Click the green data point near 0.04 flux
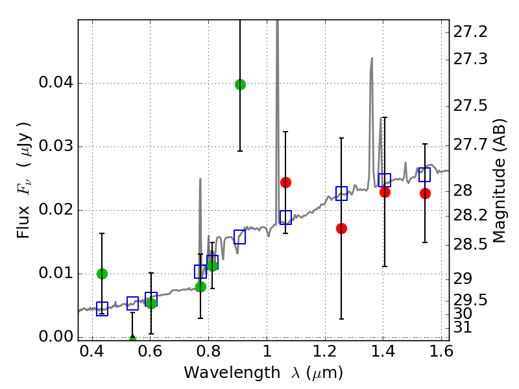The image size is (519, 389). (x=240, y=84)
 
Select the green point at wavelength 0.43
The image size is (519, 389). (x=102, y=274)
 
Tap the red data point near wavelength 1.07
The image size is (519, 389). (x=285, y=182)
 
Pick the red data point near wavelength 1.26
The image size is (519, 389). (x=341, y=228)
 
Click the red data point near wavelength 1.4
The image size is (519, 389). (x=385, y=192)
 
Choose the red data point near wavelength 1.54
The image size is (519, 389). (x=425, y=193)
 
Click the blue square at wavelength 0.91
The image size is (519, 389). (x=240, y=237)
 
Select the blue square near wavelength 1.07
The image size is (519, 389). (x=285, y=217)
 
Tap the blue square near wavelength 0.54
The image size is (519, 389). (x=132, y=303)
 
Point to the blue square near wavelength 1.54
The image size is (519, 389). (x=425, y=175)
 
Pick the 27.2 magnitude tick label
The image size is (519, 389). (x=470, y=31)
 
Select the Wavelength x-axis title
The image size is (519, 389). (x=263, y=373)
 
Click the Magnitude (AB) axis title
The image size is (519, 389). (x=499, y=180)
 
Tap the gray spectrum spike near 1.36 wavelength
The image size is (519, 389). (x=371, y=71)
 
